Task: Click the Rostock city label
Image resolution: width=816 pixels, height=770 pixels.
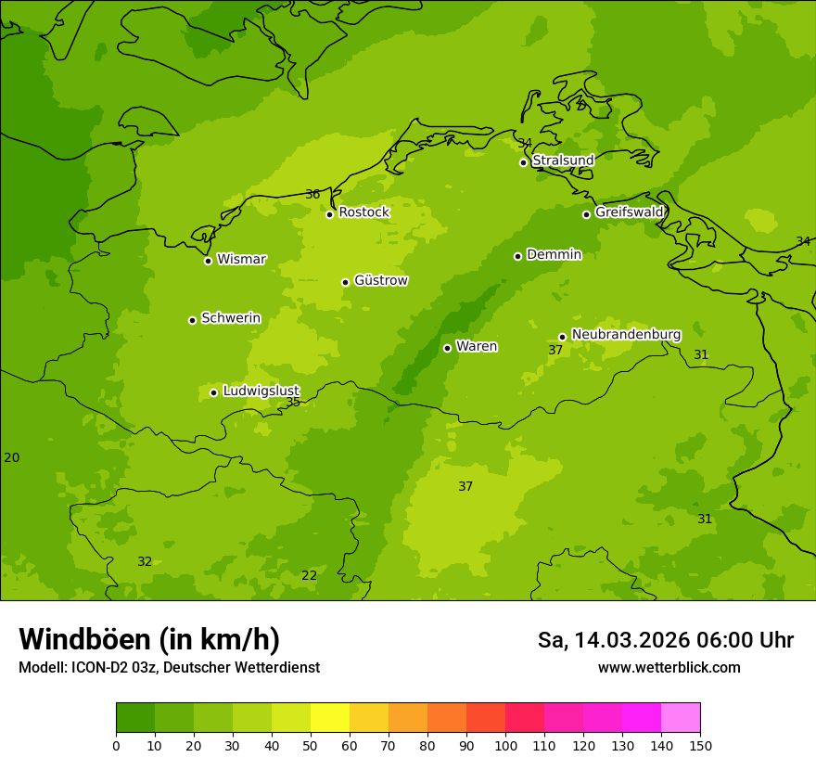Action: click(x=363, y=212)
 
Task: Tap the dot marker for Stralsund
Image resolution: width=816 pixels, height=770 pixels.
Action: click(x=523, y=162)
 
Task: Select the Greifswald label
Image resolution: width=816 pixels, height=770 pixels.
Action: click(x=629, y=212)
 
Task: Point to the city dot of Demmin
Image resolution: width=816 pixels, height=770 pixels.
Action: click(x=517, y=256)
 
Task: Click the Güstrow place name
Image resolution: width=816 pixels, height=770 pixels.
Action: click(x=380, y=280)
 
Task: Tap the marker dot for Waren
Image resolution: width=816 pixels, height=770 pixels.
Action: click(x=447, y=348)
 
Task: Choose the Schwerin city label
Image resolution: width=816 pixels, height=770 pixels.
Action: click(x=231, y=318)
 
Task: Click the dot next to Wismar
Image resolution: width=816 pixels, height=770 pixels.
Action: click(x=208, y=261)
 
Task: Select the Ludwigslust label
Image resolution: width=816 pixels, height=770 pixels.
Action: click(x=261, y=391)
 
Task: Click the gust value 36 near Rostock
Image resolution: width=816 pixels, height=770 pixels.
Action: click(x=312, y=194)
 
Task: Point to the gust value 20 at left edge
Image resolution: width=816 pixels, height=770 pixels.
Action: click(x=11, y=457)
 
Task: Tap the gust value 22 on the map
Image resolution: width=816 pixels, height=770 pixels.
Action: click(x=309, y=575)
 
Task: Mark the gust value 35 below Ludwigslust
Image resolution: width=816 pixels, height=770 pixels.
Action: click(x=293, y=403)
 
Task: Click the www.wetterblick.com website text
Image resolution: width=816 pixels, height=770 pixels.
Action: click(x=669, y=667)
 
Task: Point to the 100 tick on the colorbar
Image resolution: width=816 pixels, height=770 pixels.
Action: click(x=505, y=745)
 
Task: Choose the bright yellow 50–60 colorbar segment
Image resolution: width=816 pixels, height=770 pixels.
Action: click(x=330, y=717)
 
